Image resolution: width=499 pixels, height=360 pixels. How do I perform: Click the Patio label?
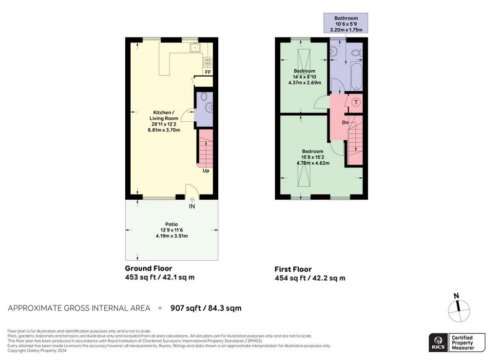pyautogui.click(x=172, y=224)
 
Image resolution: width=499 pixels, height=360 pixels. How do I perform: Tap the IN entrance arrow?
pyautogui.click(x=192, y=200)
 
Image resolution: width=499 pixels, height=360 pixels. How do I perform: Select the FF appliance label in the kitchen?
pyautogui.click(x=208, y=72)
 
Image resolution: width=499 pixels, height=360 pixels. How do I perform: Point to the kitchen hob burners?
pyautogui.click(x=208, y=61)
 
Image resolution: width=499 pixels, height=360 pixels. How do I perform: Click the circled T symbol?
pyautogui.click(x=356, y=102)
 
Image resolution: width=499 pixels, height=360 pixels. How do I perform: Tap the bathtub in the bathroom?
pyautogui.click(x=355, y=76)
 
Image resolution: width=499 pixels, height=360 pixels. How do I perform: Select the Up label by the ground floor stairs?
pyautogui.click(x=206, y=171)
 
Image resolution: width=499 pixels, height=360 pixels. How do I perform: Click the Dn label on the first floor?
pyautogui.click(x=345, y=122)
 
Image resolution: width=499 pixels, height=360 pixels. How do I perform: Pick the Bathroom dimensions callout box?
pyautogui.click(x=346, y=23)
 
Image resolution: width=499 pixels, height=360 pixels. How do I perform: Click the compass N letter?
pyautogui.click(x=456, y=296)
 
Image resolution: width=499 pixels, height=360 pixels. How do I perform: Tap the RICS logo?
pyautogui.click(x=438, y=342)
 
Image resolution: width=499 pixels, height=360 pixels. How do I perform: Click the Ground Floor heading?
pyautogui.click(x=148, y=268)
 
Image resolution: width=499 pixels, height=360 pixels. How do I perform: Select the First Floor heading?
pyautogui.click(x=293, y=269)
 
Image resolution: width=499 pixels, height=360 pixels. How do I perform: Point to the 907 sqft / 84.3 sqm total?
pyautogui.click(x=206, y=308)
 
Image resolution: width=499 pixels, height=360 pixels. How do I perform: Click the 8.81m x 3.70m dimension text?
pyautogui.click(x=164, y=130)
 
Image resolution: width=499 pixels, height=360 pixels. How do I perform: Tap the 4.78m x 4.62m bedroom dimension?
pyautogui.click(x=313, y=163)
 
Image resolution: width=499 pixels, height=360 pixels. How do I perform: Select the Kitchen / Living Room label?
pyautogui.click(x=164, y=115)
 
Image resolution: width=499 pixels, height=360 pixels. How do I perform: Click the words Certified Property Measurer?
pyautogui.click(x=463, y=342)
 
